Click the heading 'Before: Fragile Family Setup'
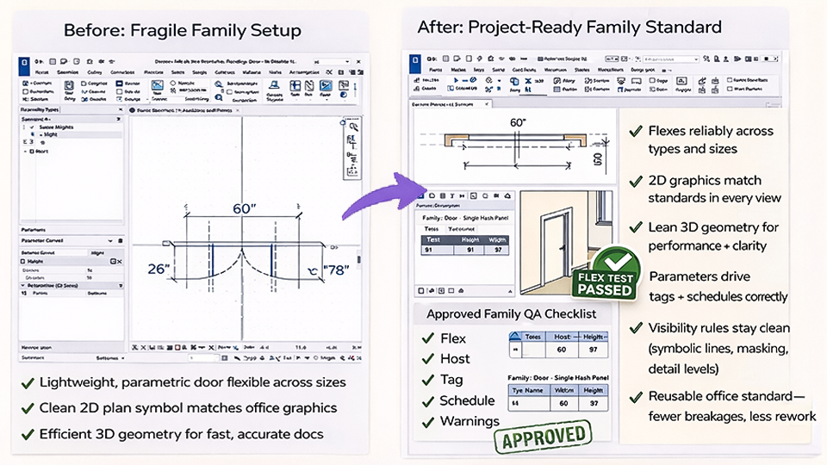[182, 31]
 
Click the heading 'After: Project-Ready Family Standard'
[569, 27]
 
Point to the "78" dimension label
[331, 270]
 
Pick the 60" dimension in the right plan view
[517, 123]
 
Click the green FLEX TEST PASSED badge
[606, 273]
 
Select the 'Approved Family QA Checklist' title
[511, 314]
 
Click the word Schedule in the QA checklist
[467, 400]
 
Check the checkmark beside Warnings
[427, 421]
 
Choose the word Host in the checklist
[455, 358]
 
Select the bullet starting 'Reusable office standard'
[731, 406]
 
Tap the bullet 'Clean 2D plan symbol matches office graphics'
[188, 407]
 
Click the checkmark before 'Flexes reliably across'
[635, 131]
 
